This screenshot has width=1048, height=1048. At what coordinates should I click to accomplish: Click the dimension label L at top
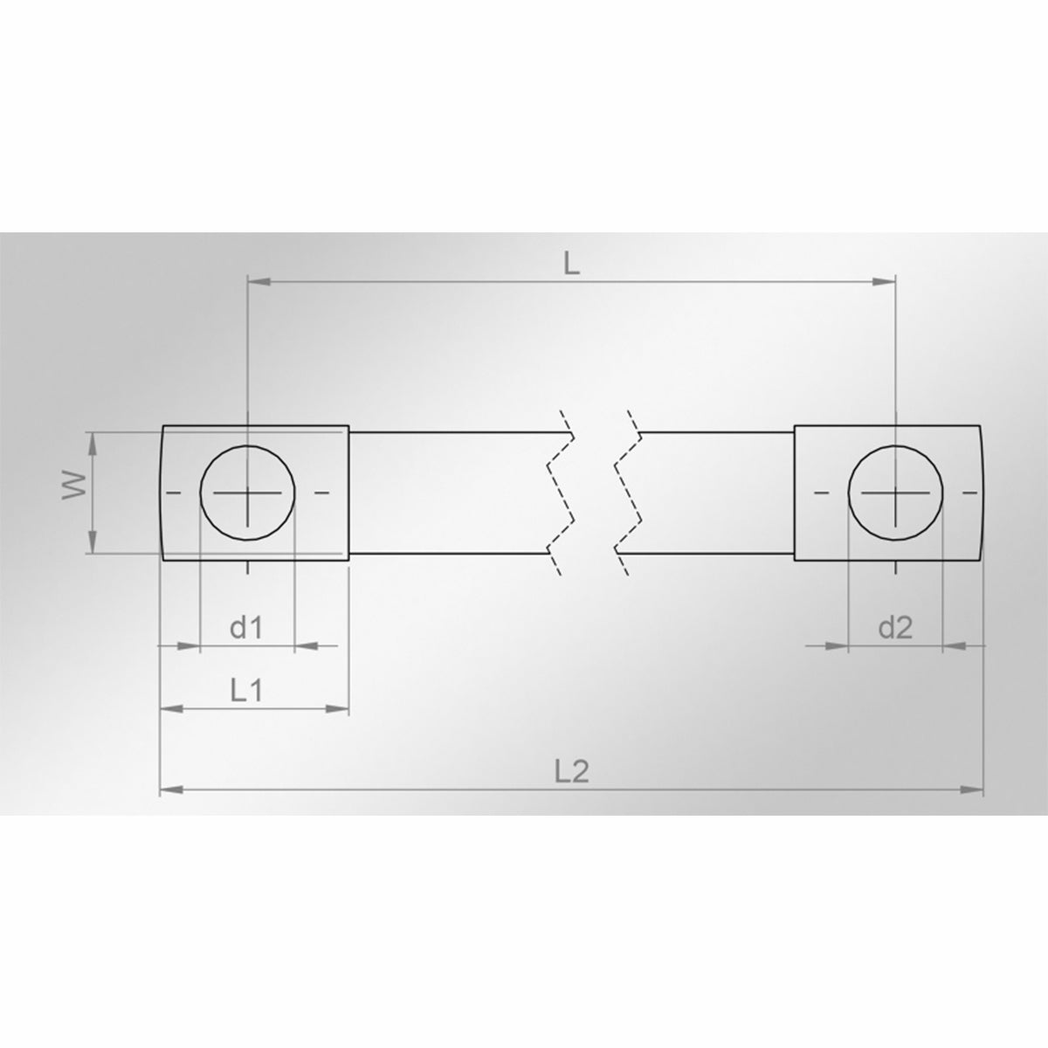click(x=571, y=265)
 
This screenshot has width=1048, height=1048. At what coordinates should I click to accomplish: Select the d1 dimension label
click(x=246, y=628)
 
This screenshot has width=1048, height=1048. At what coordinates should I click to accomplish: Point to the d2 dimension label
click(x=895, y=628)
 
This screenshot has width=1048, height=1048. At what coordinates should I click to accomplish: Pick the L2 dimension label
click(x=572, y=771)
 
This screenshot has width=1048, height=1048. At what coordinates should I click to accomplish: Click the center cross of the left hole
click(x=247, y=493)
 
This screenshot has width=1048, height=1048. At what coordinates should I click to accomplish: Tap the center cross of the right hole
click(x=895, y=493)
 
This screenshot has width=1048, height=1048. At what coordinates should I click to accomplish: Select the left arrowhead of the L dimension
click(x=259, y=281)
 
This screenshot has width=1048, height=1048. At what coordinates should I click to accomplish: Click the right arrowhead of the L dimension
click(x=884, y=281)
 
